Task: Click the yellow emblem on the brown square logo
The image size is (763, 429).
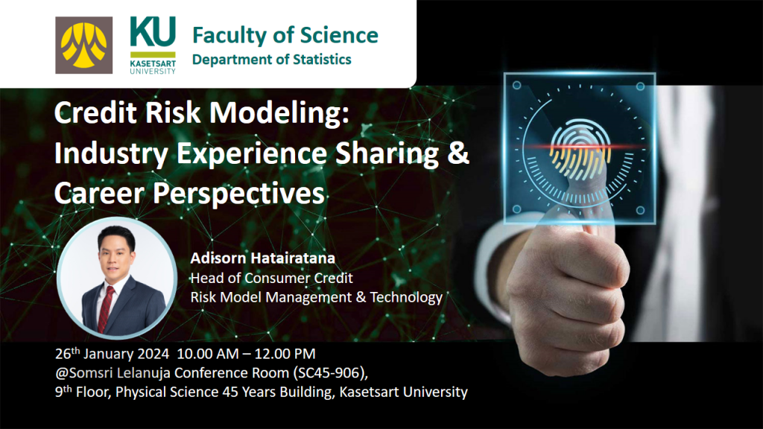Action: [83, 45]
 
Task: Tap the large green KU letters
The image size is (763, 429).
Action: [153, 31]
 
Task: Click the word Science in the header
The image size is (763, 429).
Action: [339, 35]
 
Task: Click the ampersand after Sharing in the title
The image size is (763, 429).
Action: [458, 153]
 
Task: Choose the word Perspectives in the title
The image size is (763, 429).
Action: [238, 193]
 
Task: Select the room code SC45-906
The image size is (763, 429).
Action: [332, 372]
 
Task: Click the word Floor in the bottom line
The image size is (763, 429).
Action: [92, 392]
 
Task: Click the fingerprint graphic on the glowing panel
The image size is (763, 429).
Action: [580, 148]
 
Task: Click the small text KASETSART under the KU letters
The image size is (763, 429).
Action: [153, 64]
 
